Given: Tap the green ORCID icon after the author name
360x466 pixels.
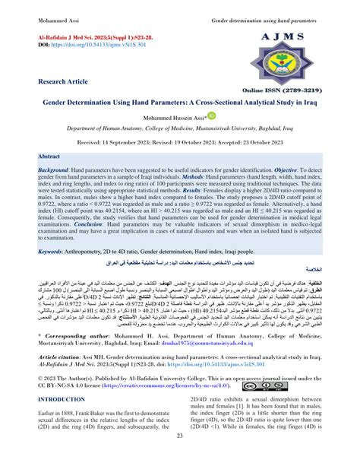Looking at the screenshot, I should (x=211, y=116).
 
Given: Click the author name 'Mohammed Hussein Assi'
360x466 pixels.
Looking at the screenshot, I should (x=175, y=117).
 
